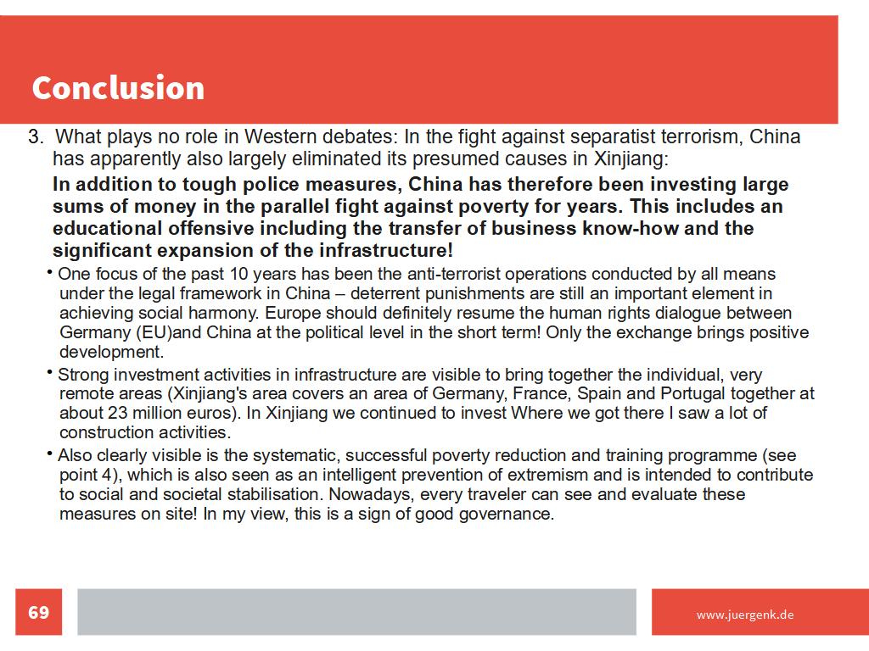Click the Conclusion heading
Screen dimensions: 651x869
click(x=118, y=88)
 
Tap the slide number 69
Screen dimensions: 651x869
click(x=39, y=612)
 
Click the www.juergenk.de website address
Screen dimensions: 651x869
click(x=745, y=615)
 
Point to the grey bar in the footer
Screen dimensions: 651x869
click(x=356, y=612)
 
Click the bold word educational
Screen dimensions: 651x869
click(x=107, y=229)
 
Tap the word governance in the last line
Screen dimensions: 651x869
click(x=508, y=515)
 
